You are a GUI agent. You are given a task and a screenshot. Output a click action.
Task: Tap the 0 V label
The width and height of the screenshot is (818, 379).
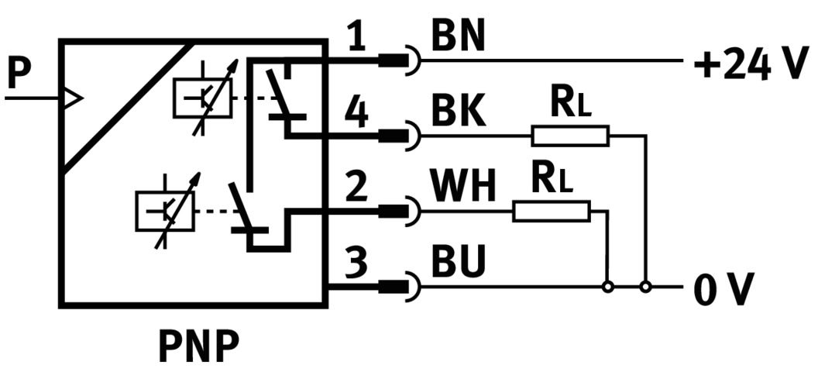tap(723, 291)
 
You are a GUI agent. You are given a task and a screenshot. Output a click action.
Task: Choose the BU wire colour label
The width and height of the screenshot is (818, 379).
tap(458, 264)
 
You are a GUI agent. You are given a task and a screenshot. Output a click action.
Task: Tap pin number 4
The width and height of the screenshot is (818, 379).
tap(356, 114)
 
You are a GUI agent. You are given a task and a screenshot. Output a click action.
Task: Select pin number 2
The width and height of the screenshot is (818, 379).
tap(356, 188)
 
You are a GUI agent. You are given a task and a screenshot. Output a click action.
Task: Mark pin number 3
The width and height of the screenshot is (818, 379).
tap(356, 264)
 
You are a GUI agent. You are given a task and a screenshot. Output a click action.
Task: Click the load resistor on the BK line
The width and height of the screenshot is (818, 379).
tap(570, 137)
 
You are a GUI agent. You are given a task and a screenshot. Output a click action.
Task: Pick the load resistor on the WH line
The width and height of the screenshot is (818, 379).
tap(551, 211)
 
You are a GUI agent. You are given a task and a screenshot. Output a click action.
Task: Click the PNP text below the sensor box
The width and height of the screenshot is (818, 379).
tap(198, 346)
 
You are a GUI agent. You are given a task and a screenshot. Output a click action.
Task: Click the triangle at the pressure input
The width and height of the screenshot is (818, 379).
tap(72, 98)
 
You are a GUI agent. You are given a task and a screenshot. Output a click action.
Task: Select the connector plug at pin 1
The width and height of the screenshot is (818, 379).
tap(400, 60)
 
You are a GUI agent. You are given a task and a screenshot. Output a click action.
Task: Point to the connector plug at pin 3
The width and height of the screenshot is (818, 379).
tap(400, 287)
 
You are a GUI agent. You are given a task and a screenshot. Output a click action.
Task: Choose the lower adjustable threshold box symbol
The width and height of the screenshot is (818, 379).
tap(165, 210)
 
